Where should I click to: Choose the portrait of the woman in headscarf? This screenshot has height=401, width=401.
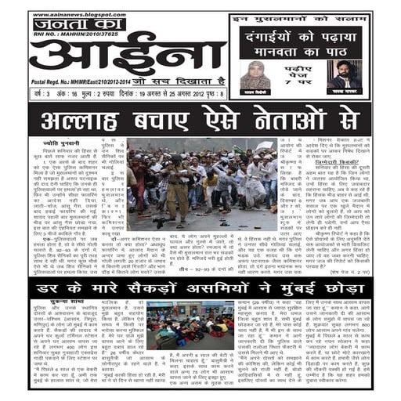click(x=260, y=74)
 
